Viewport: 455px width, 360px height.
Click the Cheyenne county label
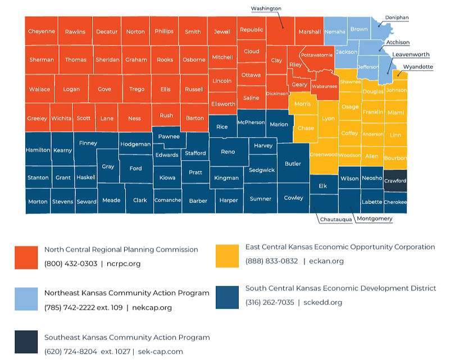[41, 31]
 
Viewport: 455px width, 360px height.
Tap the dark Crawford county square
[395, 180]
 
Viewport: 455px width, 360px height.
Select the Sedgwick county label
[262, 170]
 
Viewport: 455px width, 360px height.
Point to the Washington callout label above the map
[266, 8]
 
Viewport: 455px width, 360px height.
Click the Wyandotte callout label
[418, 67]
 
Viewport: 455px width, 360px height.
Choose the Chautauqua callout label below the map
[336, 220]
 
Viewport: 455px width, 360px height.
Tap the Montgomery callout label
[375, 218]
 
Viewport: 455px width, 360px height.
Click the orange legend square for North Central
[26, 257]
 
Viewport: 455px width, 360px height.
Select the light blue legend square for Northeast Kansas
[26, 299]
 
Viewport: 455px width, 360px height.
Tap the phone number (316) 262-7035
[270, 303]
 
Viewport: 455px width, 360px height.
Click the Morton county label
[38, 202]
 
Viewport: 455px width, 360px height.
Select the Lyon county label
[327, 119]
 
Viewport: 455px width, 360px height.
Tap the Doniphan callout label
[397, 17]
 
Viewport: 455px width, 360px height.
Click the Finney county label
[88, 143]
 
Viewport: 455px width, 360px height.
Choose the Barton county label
[195, 119]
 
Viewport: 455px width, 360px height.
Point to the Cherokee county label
[395, 202]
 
